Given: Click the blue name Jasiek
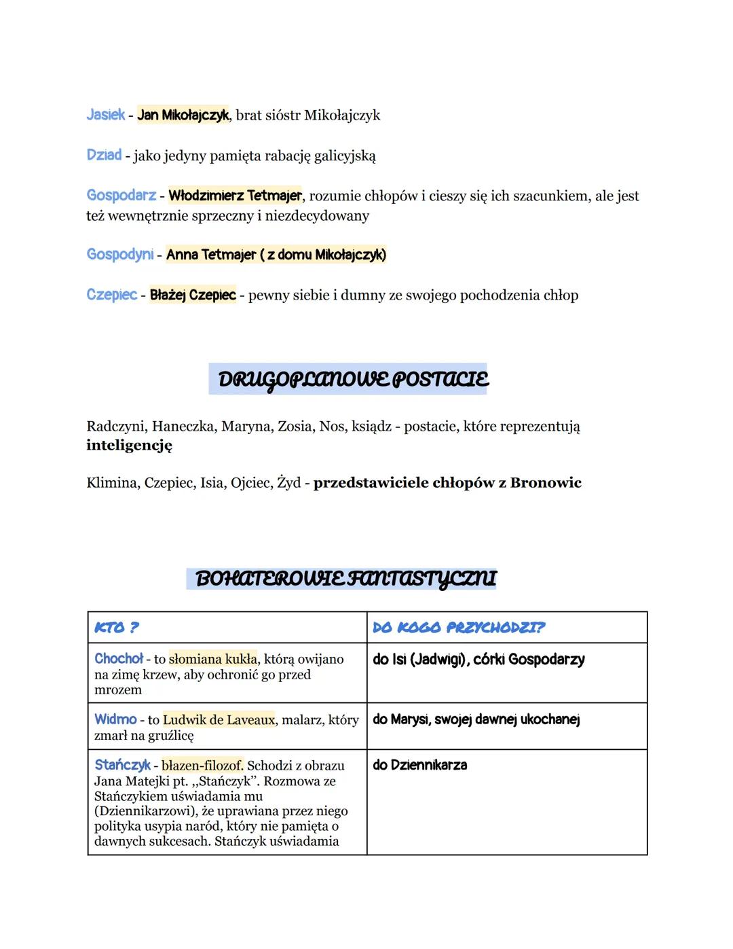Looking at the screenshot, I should [x=105, y=115].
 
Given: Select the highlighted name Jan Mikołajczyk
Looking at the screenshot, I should [x=183, y=115].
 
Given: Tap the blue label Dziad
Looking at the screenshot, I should [x=104, y=155].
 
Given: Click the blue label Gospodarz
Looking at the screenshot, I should [x=121, y=196].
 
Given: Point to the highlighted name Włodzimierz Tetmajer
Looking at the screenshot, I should [x=235, y=196].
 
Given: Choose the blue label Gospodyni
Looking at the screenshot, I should [x=119, y=254].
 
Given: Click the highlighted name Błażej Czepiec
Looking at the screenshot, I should [x=193, y=295].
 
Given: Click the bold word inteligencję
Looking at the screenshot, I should [x=129, y=446].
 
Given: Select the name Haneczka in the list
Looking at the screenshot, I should [x=183, y=427].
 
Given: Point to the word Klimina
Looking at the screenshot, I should [x=111, y=483].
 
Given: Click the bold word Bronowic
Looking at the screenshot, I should [x=546, y=483].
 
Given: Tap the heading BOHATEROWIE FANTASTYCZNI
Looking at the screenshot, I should [x=345, y=579].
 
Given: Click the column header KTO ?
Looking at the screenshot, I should [x=117, y=628].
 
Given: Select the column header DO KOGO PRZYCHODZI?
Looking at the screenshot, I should [x=459, y=628].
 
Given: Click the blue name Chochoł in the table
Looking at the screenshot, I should [x=119, y=658].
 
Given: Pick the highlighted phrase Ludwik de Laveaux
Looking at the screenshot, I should [x=219, y=719].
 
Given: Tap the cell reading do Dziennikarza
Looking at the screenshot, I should [x=419, y=765].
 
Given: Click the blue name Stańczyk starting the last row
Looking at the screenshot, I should [x=122, y=765].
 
